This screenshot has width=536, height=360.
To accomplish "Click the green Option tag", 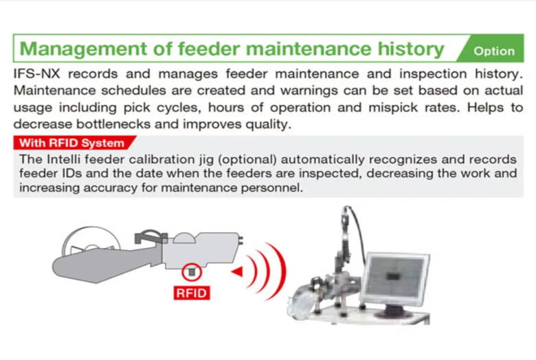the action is [x=492, y=48].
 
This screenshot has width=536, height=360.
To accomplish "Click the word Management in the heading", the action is [x=83, y=49].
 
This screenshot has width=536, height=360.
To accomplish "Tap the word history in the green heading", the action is [x=410, y=49].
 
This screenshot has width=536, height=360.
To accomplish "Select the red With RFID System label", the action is [x=74, y=143].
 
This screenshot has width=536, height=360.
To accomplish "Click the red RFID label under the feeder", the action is [x=192, y=293].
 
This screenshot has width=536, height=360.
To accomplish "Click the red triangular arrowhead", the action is [x=237, y=272].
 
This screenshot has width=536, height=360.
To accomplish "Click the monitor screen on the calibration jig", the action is [x=396, y=278].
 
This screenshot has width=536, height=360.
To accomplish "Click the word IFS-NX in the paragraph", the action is [x=37, y=74].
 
